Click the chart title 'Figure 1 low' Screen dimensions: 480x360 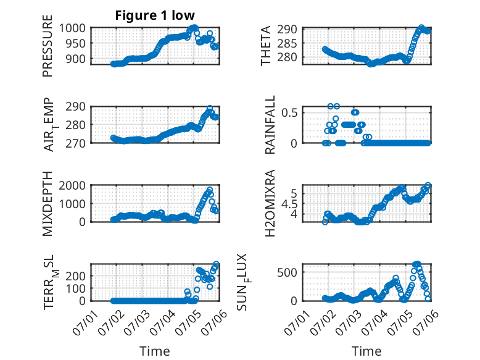[x=155, y=15]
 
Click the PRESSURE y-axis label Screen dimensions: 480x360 [x=48, y=46]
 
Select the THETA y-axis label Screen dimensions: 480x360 [x=266, y=46]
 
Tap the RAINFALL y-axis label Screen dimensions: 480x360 [x=270, y=125]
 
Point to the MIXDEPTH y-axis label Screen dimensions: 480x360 [x=48, y=204]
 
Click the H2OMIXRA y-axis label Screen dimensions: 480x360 [x=270, y=203]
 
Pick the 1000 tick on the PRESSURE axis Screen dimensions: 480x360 [x=72, y=28]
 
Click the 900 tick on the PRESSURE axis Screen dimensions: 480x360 [x=75, y=59]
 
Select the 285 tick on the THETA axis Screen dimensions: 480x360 [x=287, y=43]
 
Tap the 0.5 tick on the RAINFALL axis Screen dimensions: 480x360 [x=289, y=112]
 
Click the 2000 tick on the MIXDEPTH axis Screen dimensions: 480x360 [x=72, y=185]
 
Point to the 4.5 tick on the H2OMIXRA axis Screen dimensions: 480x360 [x=289, y=204]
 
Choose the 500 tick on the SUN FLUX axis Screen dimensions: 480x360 [x=287, y=272]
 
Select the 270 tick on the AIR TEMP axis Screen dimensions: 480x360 [x=75, y=143]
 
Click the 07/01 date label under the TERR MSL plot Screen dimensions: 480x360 [x=85, y=322]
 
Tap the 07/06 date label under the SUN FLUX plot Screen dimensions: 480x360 [x=426, y=322]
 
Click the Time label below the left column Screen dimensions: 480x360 [x=155, y=351]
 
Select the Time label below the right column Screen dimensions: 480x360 [x=366, y=351]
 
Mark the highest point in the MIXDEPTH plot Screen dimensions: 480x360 [x=210, y=190]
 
